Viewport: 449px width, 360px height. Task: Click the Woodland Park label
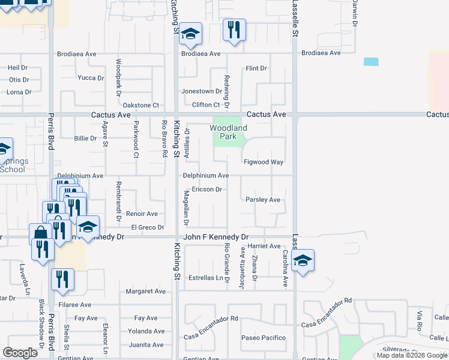[x=228, y=132]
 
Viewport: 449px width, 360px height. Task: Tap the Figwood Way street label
[x=263, y=162]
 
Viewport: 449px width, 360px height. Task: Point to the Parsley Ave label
[x=263, y=200]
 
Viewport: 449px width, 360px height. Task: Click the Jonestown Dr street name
[x=202, y=91]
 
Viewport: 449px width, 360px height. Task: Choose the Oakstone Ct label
[x=140, y=105]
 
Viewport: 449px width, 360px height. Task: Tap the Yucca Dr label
[x=91, y=77]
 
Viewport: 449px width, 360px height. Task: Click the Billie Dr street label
[x=85, y=139]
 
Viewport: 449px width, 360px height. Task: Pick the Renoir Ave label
[x=142, y=214]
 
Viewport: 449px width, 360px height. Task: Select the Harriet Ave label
[x=263, y=246]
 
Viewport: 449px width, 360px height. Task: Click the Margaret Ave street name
[x=145, y=292]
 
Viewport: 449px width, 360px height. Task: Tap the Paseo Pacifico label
[x=263, y=338]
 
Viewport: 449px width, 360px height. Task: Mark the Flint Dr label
[x=256, y=68]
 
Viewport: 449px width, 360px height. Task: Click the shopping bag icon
[x=40, y=233]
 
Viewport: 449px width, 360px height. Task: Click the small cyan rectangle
[x=371, y=61]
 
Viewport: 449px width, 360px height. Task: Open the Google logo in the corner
[x=20, y=353]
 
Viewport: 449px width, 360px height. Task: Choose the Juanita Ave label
[x=146, y=345]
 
